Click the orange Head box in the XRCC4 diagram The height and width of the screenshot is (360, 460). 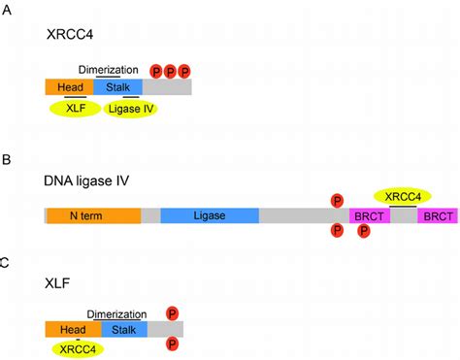[x=69, y=87]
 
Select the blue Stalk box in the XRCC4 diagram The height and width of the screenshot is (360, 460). [x=117, y=87]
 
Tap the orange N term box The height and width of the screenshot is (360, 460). [x=92, y=215]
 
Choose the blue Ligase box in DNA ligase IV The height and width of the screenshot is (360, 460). [x=209, y=215]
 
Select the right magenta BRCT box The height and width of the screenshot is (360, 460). [x=439, y=216]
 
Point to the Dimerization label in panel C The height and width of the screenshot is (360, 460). [x=116, y=313]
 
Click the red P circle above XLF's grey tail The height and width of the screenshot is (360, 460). [x=172, y=312]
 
